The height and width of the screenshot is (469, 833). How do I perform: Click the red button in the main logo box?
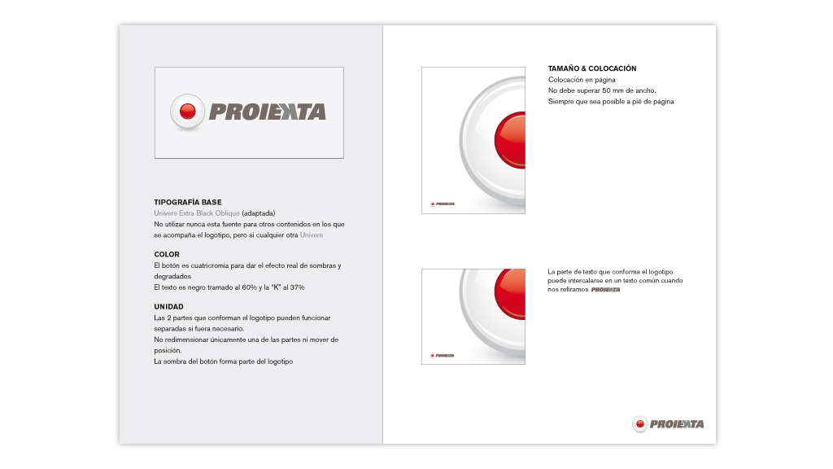click(x=187, y=112)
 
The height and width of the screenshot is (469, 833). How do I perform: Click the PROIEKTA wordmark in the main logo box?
click(x=267, y=112)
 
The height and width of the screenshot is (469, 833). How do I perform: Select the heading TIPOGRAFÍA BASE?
click(x=188, y=202)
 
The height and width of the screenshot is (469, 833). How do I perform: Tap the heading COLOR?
click(x=167, y=255)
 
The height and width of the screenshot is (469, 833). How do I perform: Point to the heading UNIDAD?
click(x=169, y=307)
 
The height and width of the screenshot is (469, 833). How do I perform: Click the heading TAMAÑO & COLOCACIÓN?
click(x=592, y=68)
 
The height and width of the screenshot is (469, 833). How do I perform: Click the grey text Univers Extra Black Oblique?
click(x=197, y=213)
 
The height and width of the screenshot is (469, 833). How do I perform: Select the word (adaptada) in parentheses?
click(x=263, y=213)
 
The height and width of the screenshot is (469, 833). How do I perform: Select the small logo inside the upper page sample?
click(x=442, y=204)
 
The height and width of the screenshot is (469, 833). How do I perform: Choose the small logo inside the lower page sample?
click(x=442, y=355)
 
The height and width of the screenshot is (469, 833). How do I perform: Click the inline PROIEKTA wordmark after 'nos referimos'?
click(x=605, y=289)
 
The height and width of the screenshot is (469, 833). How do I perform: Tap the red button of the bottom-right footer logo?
click(x=640, y=424)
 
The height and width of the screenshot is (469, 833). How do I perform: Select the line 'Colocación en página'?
click(x=582, y=80)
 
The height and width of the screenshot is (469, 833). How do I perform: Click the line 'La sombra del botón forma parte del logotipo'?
click(x=223, y=361)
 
